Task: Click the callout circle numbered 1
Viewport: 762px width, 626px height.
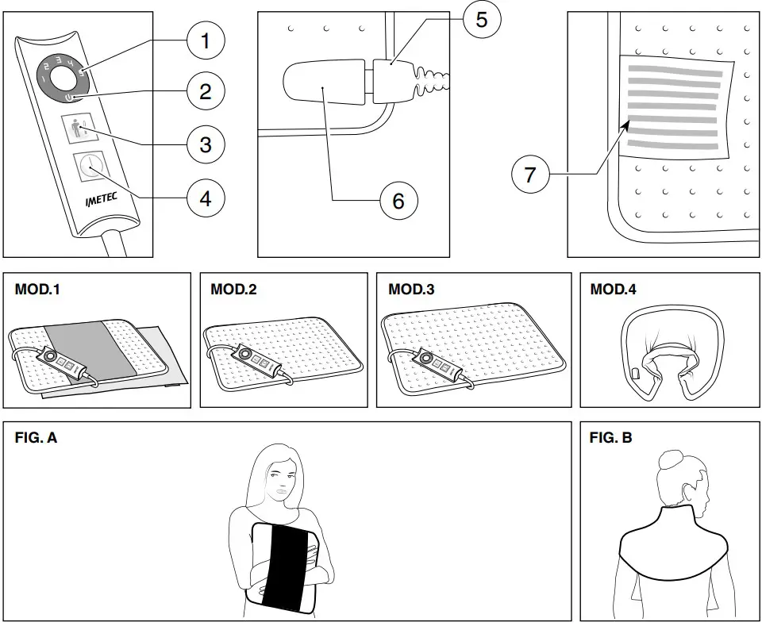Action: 206,40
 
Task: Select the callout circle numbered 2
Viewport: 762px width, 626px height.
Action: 206,91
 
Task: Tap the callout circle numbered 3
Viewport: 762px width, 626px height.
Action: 206,144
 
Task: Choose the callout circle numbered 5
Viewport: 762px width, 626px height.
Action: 482,19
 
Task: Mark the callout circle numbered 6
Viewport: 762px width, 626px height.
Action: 398,202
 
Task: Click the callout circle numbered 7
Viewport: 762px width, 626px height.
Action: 531,174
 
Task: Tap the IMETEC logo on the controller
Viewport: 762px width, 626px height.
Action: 101,195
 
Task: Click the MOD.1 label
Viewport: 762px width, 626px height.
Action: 37,290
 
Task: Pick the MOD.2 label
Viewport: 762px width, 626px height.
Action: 233,290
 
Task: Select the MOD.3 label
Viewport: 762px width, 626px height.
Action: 411,290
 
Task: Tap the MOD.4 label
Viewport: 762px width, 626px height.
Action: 613,290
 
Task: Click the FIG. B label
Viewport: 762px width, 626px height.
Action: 610,437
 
